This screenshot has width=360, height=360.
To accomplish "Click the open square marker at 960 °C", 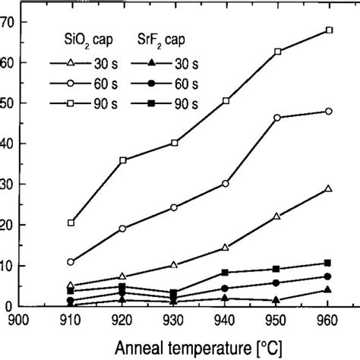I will click(x=328, y=30).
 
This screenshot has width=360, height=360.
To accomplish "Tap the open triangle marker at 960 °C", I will click(x=328, y=188).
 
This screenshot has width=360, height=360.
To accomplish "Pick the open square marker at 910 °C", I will click(x=71, y=223).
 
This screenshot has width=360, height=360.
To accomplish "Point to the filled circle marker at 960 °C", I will click(x=328, y=276).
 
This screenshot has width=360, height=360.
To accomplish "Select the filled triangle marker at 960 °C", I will click(x=328, y=290).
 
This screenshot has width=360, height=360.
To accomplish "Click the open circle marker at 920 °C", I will click(x=122, y=228).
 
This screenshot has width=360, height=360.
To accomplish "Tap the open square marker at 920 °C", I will click(x=122, y=160).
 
